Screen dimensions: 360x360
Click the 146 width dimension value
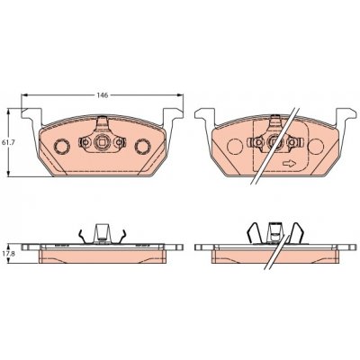tap(102, 95)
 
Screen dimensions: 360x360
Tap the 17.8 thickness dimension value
tap(5, 253)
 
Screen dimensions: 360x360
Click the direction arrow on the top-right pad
tap(290, 164)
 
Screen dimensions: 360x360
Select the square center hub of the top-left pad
tap(102, 141)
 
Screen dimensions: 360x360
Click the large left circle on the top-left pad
tap(62, 146)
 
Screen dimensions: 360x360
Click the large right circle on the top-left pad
tap(142, 146)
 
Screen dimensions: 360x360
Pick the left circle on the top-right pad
tap(235, 147)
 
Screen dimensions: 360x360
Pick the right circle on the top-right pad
tap(316, 147)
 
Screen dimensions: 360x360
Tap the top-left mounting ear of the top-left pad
tap(31, 115)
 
